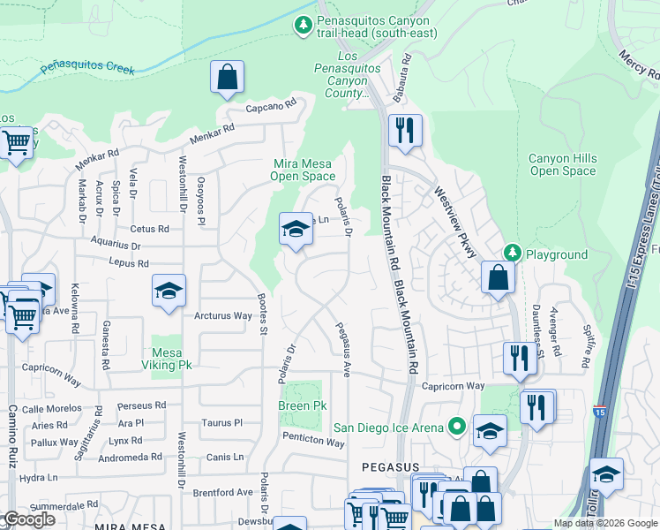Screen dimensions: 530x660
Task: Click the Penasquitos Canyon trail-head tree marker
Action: pos(304,26)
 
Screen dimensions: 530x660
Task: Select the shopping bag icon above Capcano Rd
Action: pos(227,77)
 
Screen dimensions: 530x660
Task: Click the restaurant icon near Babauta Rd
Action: pos(405,131)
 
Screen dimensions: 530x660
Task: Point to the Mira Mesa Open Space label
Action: pos(303,170)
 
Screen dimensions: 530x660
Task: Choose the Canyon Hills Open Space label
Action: pos(562,164)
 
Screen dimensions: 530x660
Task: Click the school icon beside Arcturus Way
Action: pos(168,292)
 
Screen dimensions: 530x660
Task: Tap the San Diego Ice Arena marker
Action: pos(456,428)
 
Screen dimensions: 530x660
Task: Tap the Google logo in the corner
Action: pos(29,519)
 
